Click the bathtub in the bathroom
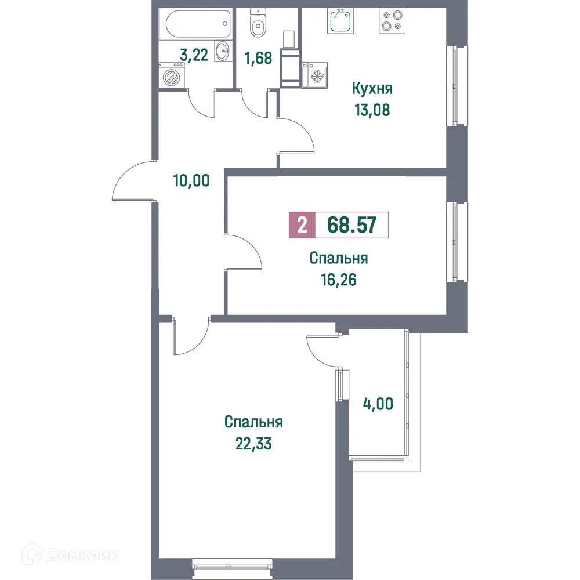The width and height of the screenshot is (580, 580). pos(195,25)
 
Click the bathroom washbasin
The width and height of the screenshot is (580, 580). pos(222,52)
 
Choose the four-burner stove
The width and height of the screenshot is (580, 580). pos(391,21)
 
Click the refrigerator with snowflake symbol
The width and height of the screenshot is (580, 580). pos(317,76)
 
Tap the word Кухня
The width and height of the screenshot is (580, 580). pos(372,89)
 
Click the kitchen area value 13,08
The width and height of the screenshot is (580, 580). pos(372,110)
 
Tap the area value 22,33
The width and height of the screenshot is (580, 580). pos(253,444)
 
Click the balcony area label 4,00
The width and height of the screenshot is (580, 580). pos(377,403)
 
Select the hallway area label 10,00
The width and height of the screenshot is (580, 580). pos(191,180)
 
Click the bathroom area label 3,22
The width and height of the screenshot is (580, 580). pos(195,56)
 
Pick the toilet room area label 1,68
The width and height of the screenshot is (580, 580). pos(258,59)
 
